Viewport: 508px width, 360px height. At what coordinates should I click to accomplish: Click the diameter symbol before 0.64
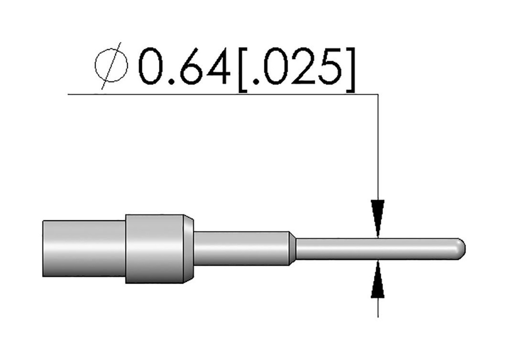[x=111, y=66]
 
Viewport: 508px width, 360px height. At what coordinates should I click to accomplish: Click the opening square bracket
[x=242, y=70]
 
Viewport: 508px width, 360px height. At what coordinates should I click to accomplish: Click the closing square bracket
[x=350, y=70]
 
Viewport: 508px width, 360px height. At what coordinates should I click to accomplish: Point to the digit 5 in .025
[x=330, y=67]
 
